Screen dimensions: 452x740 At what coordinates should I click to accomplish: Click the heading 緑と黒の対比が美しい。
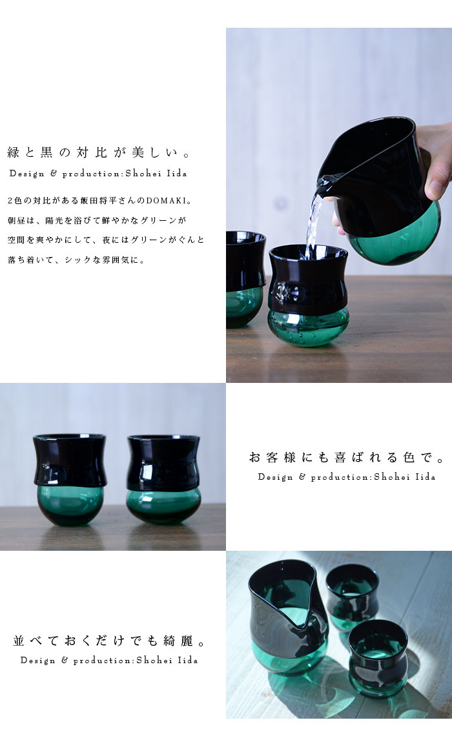(99, 152)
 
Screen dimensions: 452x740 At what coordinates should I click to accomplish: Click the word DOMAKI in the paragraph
(165, 201)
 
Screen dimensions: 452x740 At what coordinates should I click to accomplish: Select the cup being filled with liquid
(309, 296)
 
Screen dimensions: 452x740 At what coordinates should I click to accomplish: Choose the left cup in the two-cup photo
(70, 479)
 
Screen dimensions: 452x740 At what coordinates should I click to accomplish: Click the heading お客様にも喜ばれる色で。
(347, 457)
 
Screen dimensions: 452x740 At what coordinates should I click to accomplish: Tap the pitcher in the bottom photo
(288, 616)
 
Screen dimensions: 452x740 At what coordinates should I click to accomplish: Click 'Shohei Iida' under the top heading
(156, 174)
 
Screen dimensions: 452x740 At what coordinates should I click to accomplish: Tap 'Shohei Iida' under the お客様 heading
(404, 477)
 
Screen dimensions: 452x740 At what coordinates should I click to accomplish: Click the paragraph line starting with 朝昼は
(98, 220)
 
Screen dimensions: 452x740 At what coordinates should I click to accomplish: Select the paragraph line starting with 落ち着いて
(76, 260)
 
